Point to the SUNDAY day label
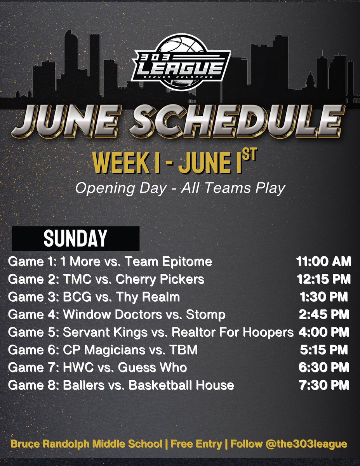point(75,238)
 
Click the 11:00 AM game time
point(324,261)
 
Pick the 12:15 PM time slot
point(324,279)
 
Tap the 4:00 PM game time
point(324,332)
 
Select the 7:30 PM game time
point(324,385)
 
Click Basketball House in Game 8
point(181,385)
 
